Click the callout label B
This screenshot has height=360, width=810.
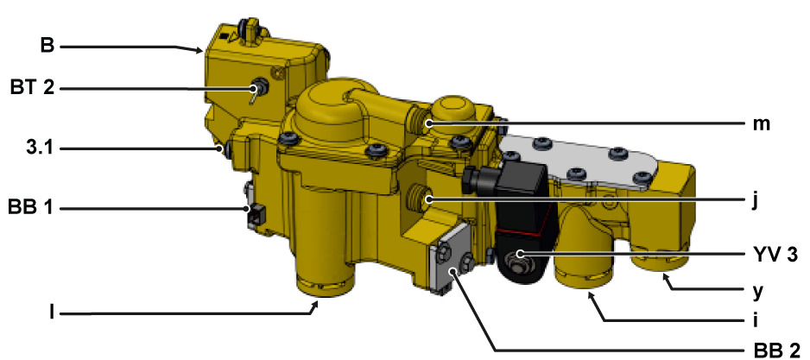coord(47,46)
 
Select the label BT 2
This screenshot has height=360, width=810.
coord(32,87)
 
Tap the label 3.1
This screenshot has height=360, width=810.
coord(40,148)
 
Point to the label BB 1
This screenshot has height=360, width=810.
coord(31,208)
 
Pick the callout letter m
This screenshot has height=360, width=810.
coord(762,124)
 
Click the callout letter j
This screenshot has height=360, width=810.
coord(756,200)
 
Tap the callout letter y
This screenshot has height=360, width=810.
coord(758,293)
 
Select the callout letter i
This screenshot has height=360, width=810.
coord(756,320)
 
